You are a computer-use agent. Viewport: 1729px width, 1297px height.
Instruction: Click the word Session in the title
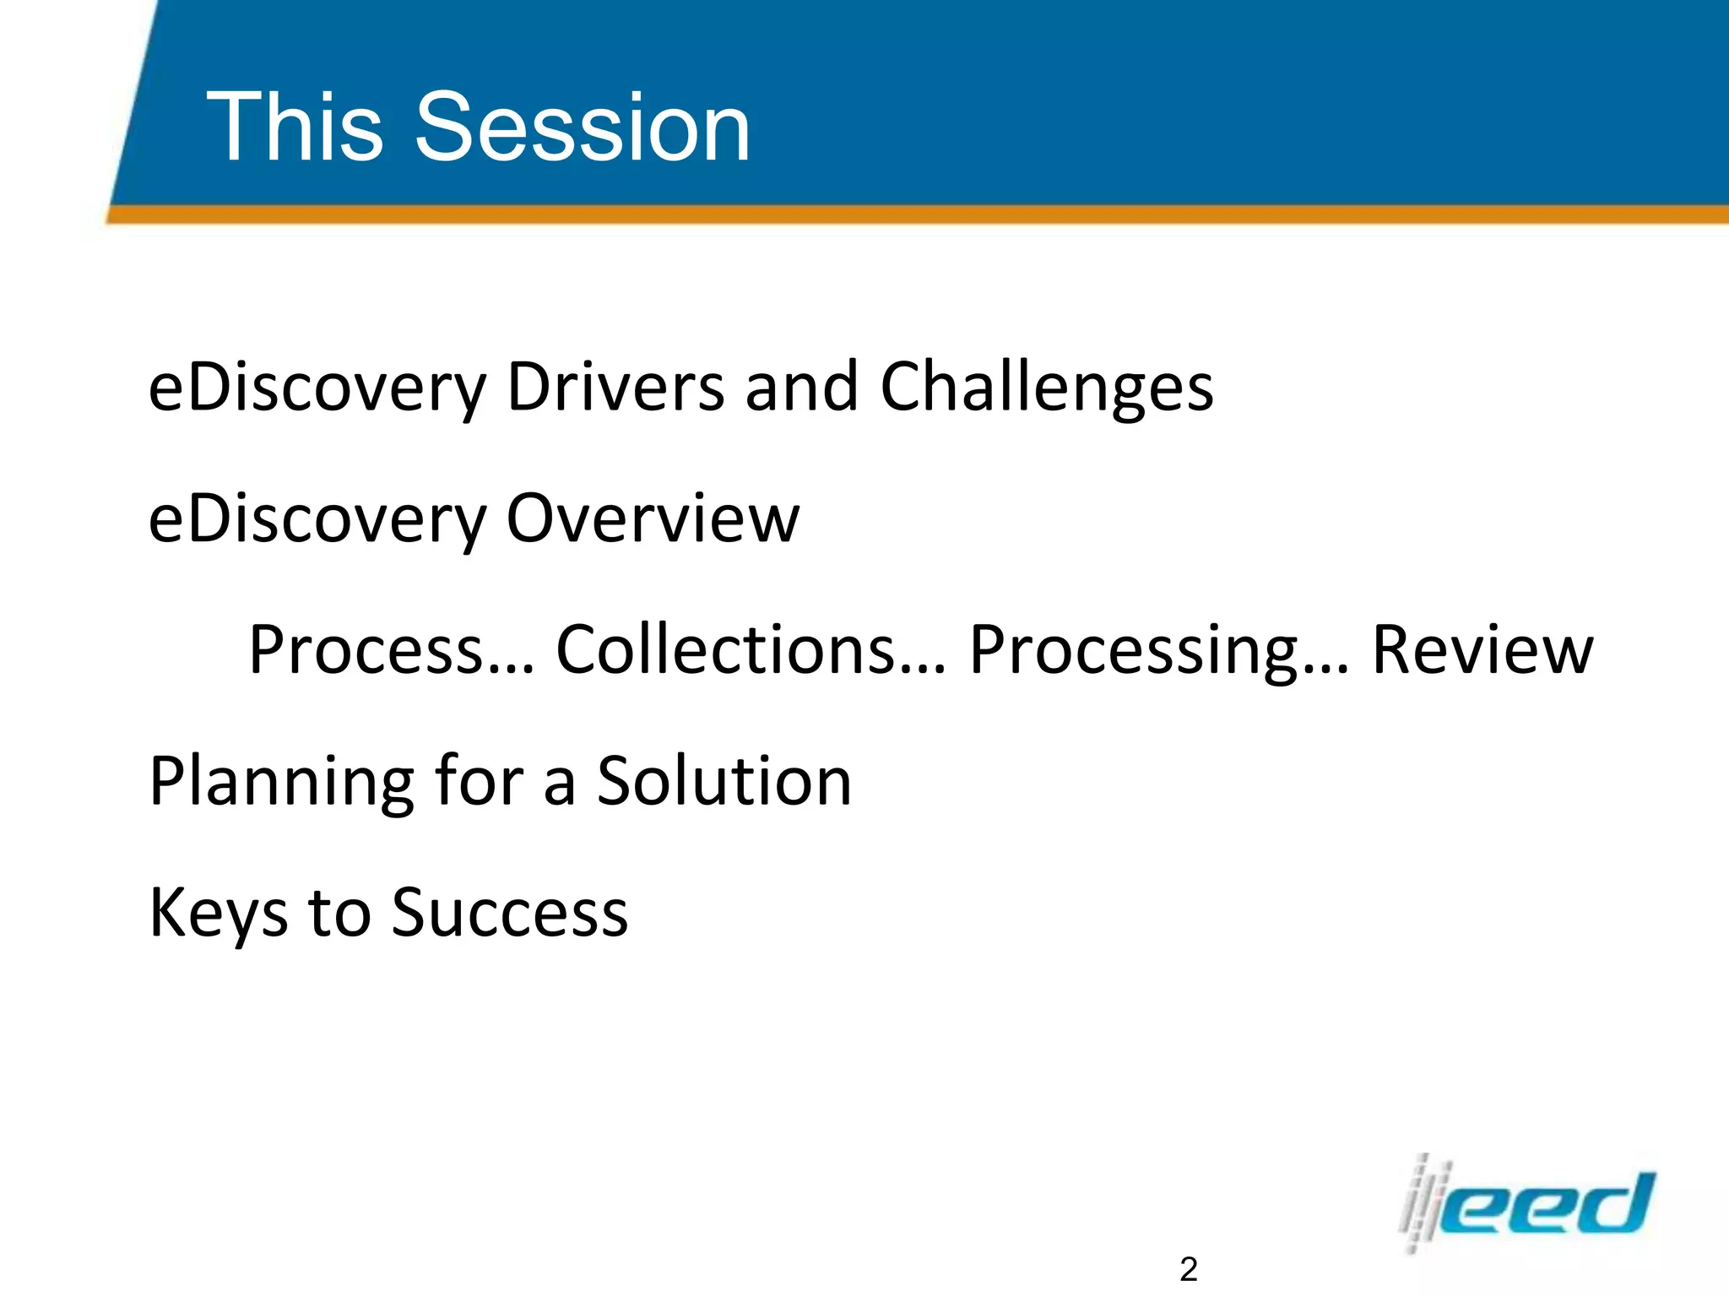click(x=582, y=128)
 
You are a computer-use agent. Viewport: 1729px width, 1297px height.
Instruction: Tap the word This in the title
click(x=295, y=128)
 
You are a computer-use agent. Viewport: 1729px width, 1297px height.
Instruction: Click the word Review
click(x=1482, y=649)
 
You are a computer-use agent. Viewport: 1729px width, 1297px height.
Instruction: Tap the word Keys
click(x=218, y=913)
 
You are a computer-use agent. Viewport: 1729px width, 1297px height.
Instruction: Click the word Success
click(x=510, y=913)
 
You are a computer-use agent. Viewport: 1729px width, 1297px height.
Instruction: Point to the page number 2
click(x=1188, y=1269)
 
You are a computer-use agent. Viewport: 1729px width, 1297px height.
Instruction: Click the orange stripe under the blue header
click(x=929, y=215)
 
